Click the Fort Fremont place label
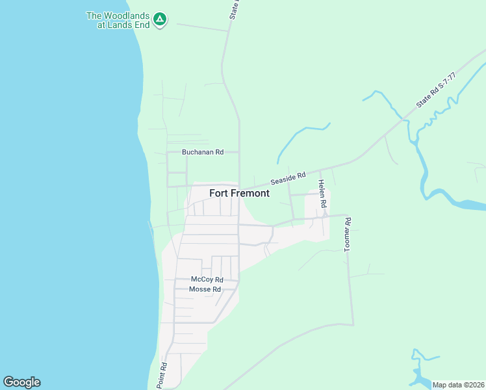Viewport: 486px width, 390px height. (x=239, y=193)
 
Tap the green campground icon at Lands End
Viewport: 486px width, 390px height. (x=159, y=20)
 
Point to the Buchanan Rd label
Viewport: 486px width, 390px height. (x=202, y=152)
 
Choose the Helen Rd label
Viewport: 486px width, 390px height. (x=322, y=194)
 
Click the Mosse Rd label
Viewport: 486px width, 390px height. (x=205, y=289)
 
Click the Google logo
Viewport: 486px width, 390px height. (x=21, y=382)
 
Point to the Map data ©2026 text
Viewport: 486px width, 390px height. (x=458, y=385)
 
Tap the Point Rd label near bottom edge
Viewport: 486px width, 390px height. (x=162, y=376)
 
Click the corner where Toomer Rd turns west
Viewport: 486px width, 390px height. (x=353, y=324)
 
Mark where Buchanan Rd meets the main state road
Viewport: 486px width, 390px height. (x=239, y=152)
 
